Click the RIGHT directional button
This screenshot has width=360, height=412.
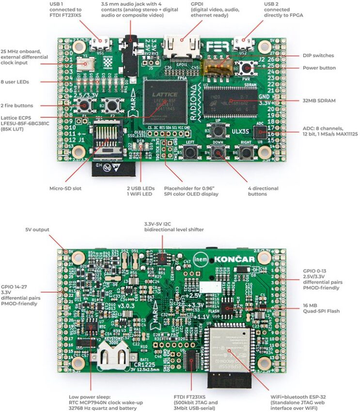246,153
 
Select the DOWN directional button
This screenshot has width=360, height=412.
219,153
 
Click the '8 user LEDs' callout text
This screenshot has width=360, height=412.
15,82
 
